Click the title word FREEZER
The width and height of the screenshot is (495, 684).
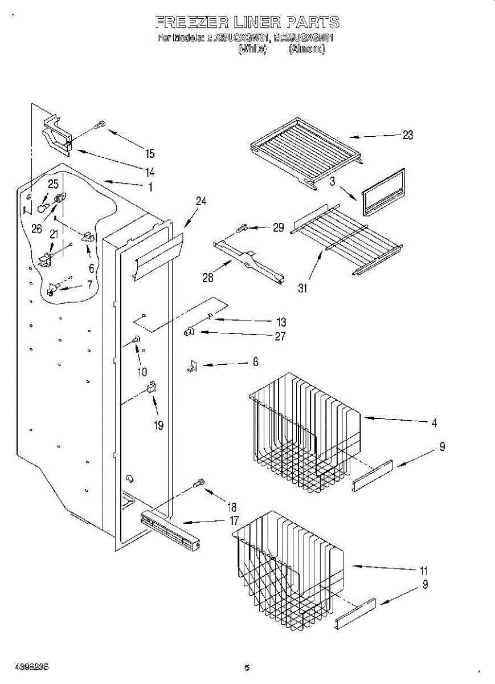click(191, 23)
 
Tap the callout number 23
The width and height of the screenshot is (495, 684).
click(408, 135)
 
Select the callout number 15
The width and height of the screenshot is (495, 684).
click(150, 153)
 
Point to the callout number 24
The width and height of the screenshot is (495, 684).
click(201, 201)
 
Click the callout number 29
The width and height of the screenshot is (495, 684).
click(278, 227)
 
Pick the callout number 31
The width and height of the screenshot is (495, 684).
click(302, 288)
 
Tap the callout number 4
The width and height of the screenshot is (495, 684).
click(434, 422)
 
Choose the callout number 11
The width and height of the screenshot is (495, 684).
click(423, 570)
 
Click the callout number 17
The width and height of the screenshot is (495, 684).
click(234, 520)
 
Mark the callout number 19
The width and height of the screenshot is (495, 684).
click(158, 425)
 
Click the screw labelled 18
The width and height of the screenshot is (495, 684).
click(199, 484)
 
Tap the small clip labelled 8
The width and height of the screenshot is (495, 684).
click(192, 368)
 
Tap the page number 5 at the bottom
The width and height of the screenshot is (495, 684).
click(247, 667)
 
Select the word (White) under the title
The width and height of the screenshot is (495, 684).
click(252, 49)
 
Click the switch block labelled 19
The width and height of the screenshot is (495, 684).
click(151, 387)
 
